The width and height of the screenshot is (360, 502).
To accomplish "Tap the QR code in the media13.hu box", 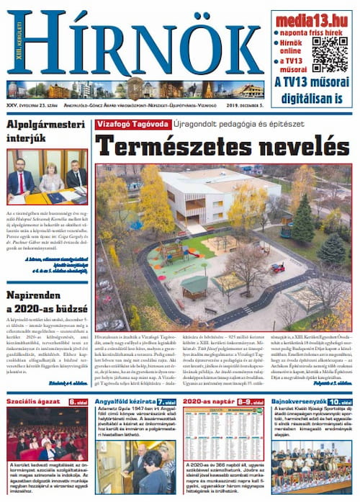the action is [x=330, y=53].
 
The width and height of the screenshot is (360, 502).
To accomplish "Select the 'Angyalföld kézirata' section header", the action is [x=126, y=401].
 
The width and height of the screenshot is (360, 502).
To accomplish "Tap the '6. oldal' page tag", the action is [x=78, y=401].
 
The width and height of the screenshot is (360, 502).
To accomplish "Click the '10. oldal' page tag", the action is [x=340, y=401].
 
